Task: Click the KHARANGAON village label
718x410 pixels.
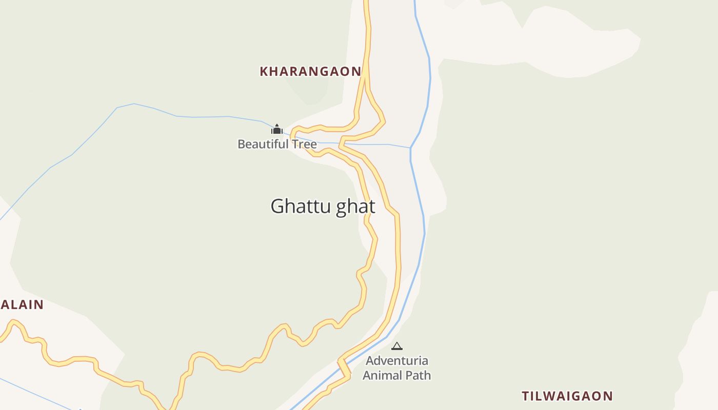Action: point(310,71)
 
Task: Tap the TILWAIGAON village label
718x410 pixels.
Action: point(567,396)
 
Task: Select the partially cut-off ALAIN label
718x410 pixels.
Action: point(22,304)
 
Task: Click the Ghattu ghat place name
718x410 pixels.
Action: point(323,206)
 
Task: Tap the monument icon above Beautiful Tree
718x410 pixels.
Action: point(277,129)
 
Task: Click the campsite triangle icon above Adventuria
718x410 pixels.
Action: point(397,346)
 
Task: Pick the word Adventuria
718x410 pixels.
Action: point(397,361)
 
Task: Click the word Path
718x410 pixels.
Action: point(418,375)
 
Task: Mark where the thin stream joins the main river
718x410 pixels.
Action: point(410,148)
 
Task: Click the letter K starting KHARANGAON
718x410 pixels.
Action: point(264,71)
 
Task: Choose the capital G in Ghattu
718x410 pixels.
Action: point(277,206)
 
